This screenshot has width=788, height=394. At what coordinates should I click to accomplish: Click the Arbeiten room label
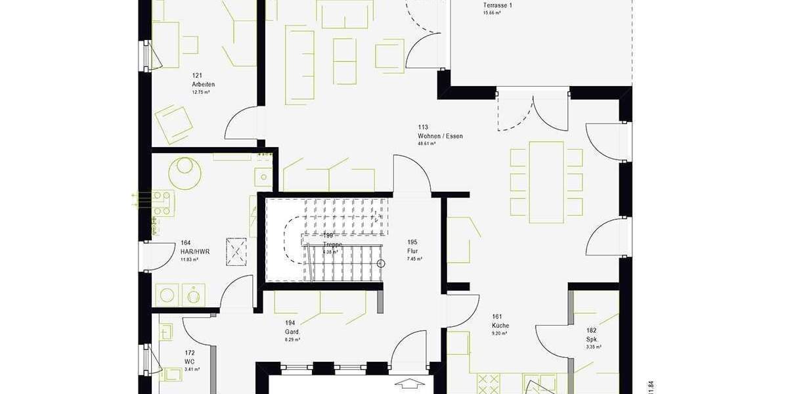point(204,85)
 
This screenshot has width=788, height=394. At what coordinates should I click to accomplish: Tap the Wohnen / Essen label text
point(440,137)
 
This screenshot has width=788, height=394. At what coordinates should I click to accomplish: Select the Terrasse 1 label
point(497,5)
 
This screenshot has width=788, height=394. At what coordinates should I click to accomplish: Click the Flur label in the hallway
point(412,251)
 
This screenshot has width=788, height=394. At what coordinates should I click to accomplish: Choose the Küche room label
point(500,326)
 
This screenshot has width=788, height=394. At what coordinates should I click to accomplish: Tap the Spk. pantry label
point(592,339)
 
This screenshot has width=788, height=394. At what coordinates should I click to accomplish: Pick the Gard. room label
point(292,332)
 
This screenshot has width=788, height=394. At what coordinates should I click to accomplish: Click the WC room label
point(189,362)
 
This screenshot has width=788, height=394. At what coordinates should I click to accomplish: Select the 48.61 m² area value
point(426,143)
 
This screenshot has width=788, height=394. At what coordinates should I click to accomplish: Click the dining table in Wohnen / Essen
point(546,182)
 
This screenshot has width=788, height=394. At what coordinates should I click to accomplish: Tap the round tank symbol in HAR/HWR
point(185,173)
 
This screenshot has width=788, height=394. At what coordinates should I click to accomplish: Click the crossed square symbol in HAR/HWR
point(236,252)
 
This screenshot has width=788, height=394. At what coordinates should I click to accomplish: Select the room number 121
point(196,77)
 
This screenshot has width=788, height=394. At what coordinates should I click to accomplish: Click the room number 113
point(423,127)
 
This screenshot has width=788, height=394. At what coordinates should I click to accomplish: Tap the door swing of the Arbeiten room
point(240,123)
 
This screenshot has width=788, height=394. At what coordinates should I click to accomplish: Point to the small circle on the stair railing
point(382,263)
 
